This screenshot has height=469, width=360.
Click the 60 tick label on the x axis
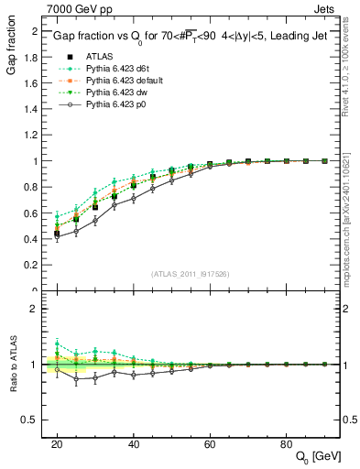[x=209, y=444]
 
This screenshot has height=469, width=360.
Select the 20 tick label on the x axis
[x=57, y=444]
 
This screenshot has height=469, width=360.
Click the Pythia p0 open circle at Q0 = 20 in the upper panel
[x=57, y=236]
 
